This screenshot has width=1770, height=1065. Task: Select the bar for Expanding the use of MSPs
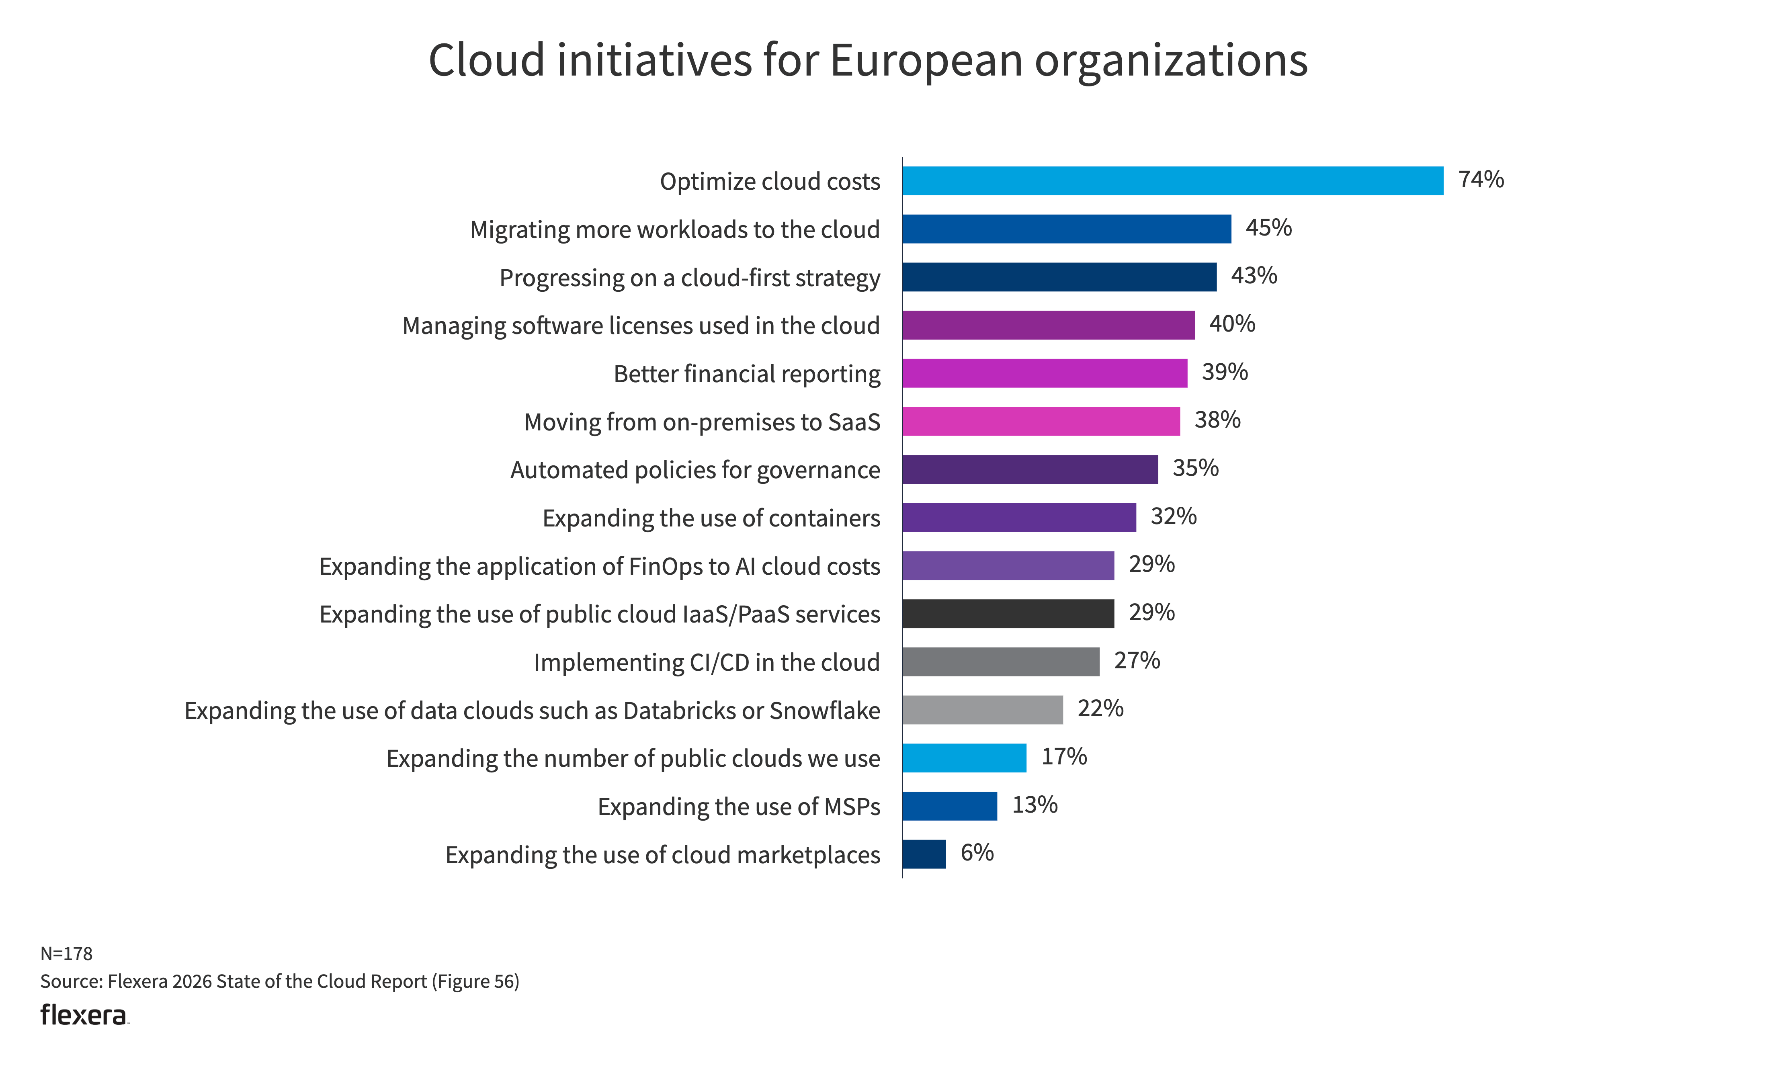(x=949, y=806)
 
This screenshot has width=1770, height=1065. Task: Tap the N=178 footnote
(x=66, y=954)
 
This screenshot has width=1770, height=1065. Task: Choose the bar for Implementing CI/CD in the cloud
(x=1000, y=662)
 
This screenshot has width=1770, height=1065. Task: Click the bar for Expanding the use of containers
(x=1019, y=518)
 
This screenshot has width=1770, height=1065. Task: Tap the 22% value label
(x=1100, y=708)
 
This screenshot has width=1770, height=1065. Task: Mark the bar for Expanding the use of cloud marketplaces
(x=924, y=854)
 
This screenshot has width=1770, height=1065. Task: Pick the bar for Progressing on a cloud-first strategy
(x=1059, y=277)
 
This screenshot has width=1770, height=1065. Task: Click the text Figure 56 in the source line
(x=475, y=982)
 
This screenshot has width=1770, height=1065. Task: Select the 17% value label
(x=1063, y=756)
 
